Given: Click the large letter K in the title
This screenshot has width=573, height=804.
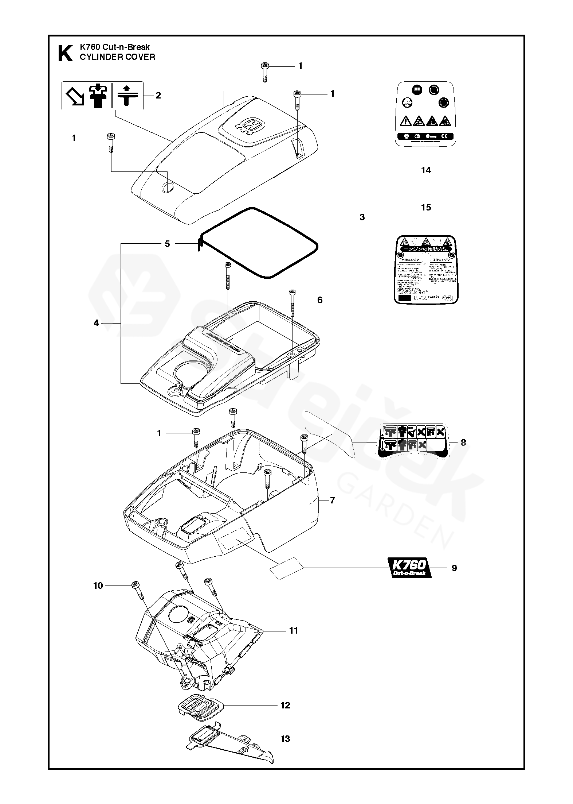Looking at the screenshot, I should click(65, 53).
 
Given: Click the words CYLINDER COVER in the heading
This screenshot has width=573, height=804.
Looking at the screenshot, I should click(117, 57).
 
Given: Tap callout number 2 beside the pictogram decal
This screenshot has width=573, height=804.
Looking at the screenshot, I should click(158, 95).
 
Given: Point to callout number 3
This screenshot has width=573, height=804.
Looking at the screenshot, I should click(362, 217).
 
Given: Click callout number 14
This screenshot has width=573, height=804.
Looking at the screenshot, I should click(426, 170).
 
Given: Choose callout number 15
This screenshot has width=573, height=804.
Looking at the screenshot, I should click(426, 207).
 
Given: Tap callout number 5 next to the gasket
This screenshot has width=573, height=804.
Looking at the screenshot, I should click(167, 244).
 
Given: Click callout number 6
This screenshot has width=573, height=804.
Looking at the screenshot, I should click(320, 300).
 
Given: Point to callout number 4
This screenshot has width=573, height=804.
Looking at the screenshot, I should click(96, 323).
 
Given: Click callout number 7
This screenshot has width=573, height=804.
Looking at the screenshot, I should click(332, 500).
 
